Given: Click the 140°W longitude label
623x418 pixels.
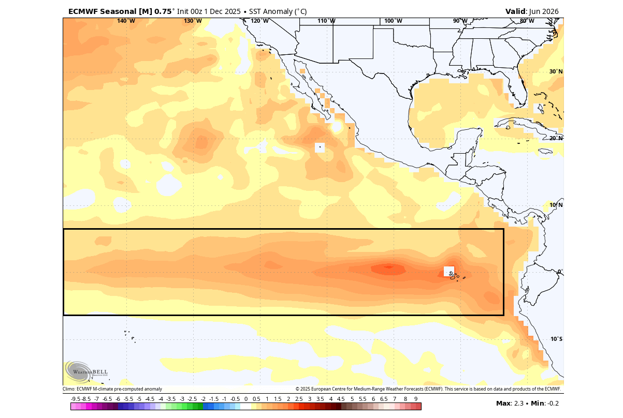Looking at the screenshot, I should coord(126,21).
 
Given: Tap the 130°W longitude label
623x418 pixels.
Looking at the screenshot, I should coord(193,21).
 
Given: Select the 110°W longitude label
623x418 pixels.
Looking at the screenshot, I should coord(326,21).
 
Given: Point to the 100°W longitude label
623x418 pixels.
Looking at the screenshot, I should coord(393,21).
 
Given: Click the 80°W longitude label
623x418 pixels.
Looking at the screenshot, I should coord(527,21).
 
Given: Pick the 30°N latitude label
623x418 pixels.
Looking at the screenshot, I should coord(556,71).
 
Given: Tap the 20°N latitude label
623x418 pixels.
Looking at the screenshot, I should coord(556,138).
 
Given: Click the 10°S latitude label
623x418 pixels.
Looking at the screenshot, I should coord(556,339).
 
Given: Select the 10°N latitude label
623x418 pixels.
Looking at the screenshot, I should coord(556,205).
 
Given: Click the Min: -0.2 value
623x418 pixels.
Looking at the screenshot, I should coord(545,404).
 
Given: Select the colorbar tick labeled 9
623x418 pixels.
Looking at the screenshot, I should coord(416,399).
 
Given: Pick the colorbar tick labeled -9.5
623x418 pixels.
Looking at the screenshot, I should coord(76,399).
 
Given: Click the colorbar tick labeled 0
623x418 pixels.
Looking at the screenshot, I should coord(246,399).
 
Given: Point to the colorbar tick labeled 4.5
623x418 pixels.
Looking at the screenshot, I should coord(341,399).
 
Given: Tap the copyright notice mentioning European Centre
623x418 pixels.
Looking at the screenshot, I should coord(428,389).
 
